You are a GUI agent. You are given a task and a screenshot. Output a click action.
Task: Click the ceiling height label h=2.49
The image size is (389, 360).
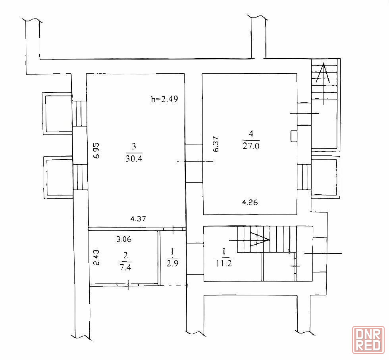pos(164,99)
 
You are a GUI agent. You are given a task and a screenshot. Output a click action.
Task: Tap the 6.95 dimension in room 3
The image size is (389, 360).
pos(96,150)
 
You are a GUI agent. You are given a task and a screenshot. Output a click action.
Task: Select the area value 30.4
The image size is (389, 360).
pos(134,159)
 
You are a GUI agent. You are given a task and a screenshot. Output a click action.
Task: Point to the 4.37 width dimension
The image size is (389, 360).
pos(138,219)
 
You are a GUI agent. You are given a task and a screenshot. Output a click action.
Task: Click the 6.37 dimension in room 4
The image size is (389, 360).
pos(216,144)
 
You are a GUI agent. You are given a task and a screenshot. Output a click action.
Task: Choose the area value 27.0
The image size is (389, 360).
pos(251,146)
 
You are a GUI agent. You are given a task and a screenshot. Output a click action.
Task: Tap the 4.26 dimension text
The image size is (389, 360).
pos(250,203)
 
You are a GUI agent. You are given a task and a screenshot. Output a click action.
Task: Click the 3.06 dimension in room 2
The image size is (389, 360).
pos(124,239)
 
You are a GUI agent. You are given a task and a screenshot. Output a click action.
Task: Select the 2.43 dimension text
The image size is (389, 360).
pos(96,258)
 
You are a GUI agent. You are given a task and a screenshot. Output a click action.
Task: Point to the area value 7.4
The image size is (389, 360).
pos(125,268)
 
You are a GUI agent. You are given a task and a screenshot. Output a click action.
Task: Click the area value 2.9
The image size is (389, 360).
pos(172,263)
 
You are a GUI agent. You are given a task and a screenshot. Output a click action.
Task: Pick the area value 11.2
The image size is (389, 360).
pos(224,263)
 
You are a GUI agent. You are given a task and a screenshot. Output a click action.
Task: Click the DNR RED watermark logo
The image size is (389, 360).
pos(368,340)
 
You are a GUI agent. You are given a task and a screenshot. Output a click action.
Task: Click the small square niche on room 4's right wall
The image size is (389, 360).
pos(294,136)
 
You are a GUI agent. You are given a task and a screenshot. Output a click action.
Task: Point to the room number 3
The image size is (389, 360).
pos(134,146)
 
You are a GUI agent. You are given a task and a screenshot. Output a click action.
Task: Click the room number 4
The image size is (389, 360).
pos(251,134)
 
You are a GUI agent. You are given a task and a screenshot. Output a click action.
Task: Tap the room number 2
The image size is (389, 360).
pos(125,255)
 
